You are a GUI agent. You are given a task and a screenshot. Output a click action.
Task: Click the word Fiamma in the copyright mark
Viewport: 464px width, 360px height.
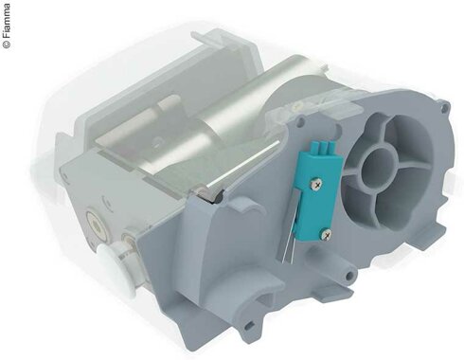pyautogui.click(x=7, y=22)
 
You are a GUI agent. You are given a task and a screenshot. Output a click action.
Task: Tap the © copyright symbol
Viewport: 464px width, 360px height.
pyautogui.click(x=7, y=45)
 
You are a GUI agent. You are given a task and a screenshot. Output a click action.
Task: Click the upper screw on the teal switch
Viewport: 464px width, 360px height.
pyautogui.click(x=317, y=183)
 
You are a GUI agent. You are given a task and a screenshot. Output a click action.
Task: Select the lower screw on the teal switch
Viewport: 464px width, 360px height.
pyautogui.click(x=326, y=234)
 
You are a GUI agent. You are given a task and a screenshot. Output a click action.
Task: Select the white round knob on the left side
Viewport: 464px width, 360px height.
pyautogui.click(x=116, y=267)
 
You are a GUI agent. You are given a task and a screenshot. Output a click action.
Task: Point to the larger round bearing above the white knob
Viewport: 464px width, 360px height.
pyautogui.click(x=95, y=225)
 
